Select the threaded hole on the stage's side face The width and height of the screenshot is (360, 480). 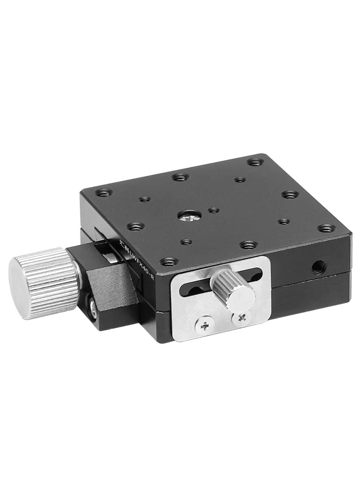tap(318, 265)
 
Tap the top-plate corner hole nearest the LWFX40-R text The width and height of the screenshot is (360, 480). tap(168, 262)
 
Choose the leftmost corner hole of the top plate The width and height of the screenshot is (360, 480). tap(103, 193)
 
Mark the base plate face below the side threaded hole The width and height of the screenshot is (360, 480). tap(312, 293)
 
